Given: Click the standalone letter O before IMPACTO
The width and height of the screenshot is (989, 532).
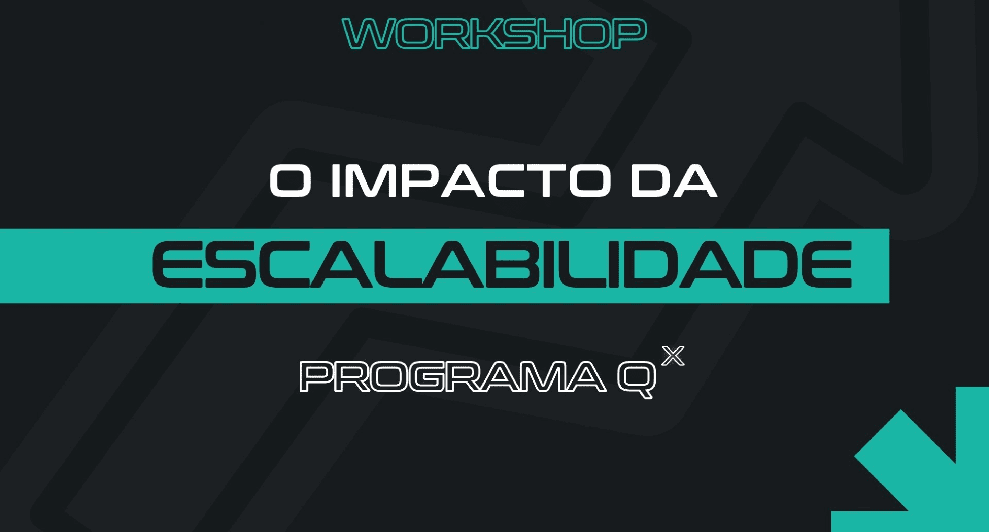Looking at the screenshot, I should tap(290, 181).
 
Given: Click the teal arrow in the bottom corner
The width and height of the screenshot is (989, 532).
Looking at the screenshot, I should tap(929, 469).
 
